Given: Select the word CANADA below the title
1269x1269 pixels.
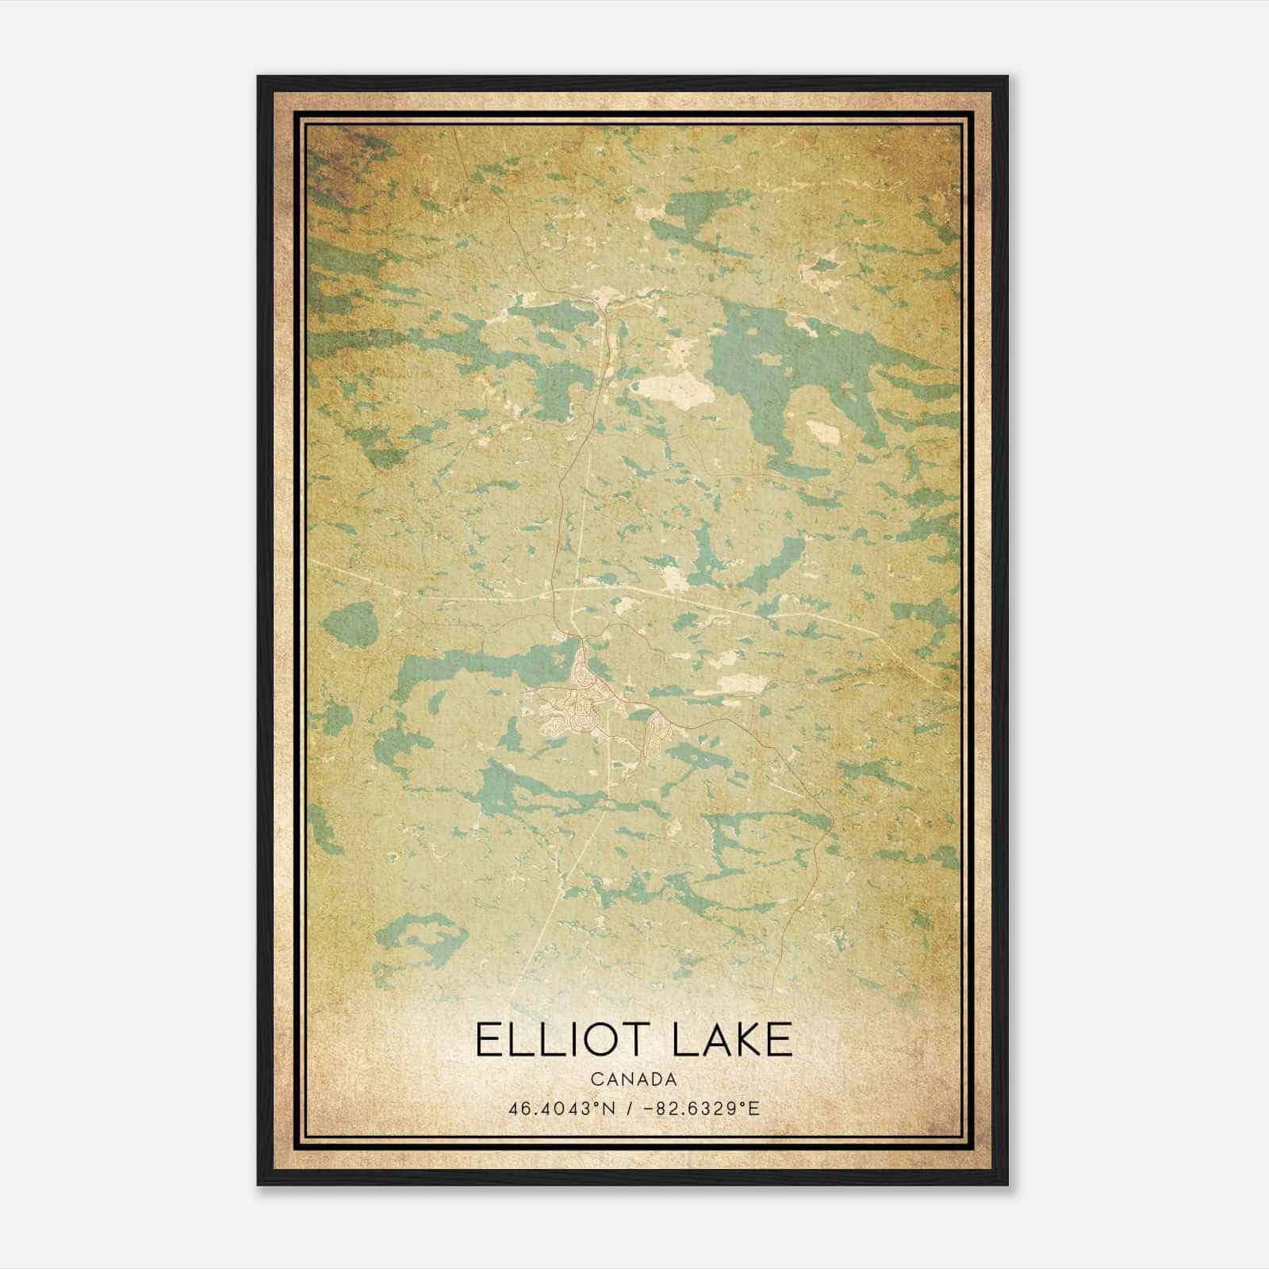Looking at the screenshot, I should [x=634, y=1079].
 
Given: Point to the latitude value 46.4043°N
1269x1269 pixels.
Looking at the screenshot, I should [x=558, y=1108].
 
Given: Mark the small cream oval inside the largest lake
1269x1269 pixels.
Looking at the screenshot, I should [x=822, y=431].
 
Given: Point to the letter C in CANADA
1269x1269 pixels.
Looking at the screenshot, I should [x=596, y=1079].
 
